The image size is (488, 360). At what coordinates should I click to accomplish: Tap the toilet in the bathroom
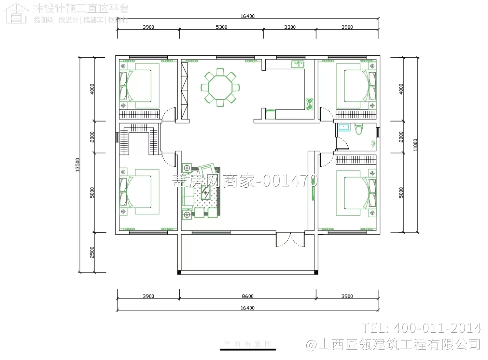358,129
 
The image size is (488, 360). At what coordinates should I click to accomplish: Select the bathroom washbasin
343,127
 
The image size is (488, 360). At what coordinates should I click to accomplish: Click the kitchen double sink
298,65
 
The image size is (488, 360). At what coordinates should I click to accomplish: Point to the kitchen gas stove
309,104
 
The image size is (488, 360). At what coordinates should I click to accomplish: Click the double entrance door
290,240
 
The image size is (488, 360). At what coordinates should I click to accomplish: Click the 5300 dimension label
221,27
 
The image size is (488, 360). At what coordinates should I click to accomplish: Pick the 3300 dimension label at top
290,27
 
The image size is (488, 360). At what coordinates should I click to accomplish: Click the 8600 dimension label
247,296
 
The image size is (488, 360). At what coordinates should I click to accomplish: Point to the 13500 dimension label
77,165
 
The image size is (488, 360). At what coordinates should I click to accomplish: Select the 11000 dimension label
415,145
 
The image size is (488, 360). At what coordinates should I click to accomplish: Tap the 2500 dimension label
92,252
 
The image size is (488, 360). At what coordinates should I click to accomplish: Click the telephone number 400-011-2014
421,328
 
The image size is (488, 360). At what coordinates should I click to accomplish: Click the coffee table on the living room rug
205,193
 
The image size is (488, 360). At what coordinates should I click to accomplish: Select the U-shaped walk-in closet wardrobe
140,139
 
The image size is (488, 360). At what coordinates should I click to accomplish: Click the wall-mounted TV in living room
314,189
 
